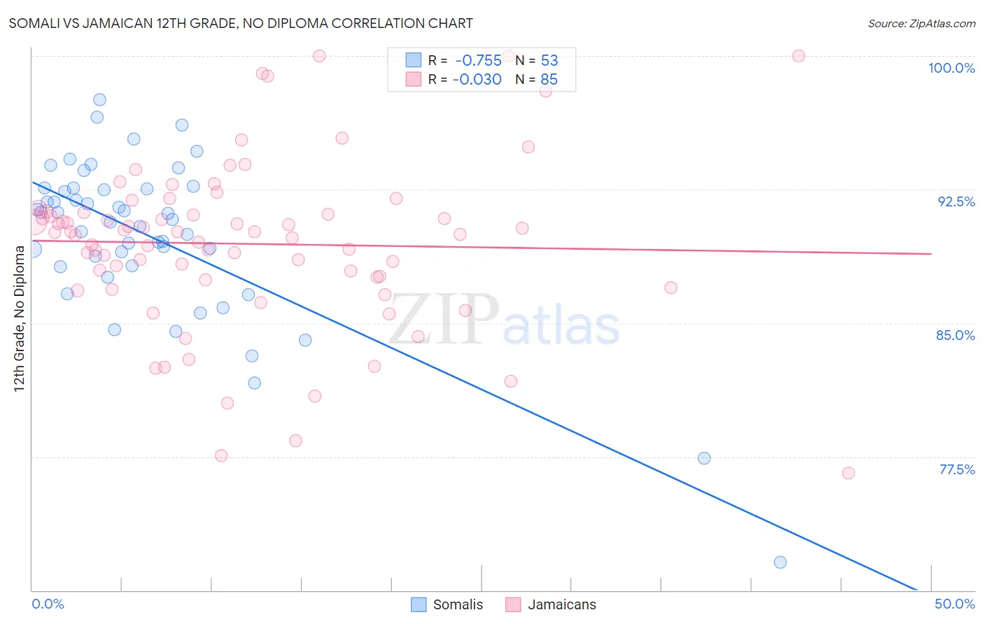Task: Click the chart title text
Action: [x=241, y=23]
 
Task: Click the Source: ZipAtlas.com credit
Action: [x=921, y=23]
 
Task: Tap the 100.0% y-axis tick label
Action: [x=951, y=68]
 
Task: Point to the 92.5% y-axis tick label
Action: [x=956, y=201]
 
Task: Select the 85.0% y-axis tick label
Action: [x=955, y=335]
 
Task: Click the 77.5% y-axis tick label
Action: [x=957, y=469]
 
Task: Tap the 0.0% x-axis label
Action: [x=48, y=604]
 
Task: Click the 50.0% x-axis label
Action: [x=955, y=604]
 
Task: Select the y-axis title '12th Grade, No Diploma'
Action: [x=20, y=318]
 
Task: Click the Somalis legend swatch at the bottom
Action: [x=419, y=604]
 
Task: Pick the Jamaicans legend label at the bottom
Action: [x=562, y=604]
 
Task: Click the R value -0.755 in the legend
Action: [x=478, y=60]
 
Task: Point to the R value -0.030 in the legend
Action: [x=477, y=79]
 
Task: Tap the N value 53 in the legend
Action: [x=549, y=60]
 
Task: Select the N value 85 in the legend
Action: [x=549, y=79]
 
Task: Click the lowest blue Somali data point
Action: [x=780, y=562]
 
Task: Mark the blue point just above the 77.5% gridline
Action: [x=704, y=458]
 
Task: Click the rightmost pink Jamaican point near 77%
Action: [x=848, y=473]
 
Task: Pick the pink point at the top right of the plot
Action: [x=799, y=56]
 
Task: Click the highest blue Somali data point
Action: [x=99, y=100]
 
